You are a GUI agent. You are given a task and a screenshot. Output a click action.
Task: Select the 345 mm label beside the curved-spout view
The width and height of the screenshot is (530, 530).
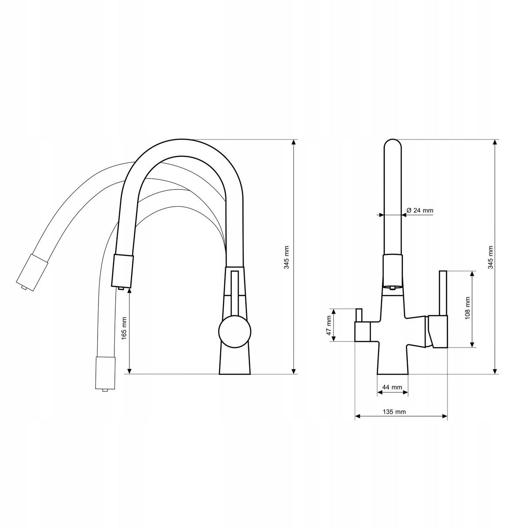tap(287, 257)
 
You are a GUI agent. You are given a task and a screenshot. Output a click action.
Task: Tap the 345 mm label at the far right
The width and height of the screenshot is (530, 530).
tap(490, 257)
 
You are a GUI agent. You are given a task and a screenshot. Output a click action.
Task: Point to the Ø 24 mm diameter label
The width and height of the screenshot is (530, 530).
tap(419, 211)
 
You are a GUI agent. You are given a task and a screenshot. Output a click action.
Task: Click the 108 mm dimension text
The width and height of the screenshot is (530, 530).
tap(467, 308)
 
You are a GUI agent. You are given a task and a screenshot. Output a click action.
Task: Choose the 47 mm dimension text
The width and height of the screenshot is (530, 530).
tap(329, 325)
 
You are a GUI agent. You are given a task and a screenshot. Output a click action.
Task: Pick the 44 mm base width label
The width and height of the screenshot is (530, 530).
tap(392, 387)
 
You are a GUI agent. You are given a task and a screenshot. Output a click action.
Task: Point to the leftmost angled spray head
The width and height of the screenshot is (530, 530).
tap(31, 271)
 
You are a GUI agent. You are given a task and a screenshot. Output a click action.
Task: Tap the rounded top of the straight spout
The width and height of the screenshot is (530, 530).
tap(393, 146)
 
